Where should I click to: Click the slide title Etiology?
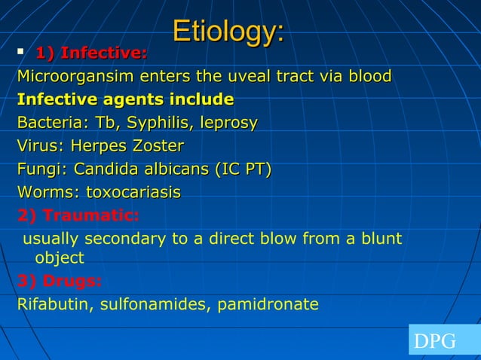click(228, 32)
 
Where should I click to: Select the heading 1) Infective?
click(91, 53)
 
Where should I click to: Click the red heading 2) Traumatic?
click(78, 216)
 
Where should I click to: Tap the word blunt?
click(381, 239)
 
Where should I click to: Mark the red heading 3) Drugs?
click(60, 282)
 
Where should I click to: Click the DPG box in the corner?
click(443, 340)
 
